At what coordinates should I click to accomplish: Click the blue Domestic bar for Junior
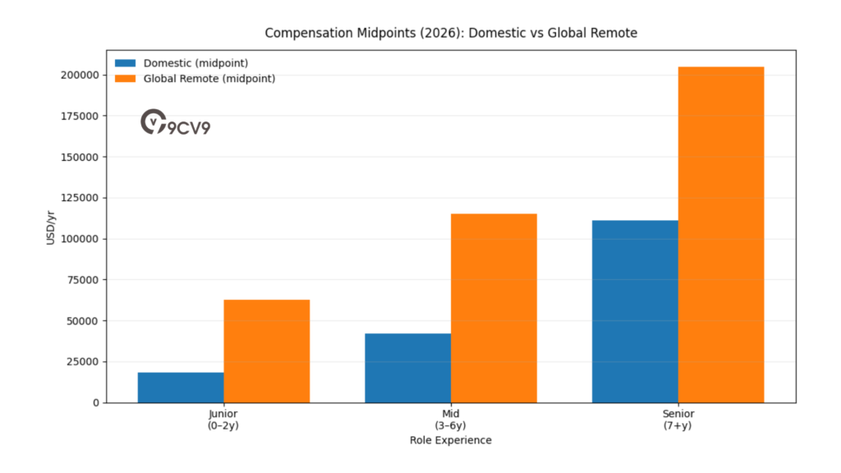coord(181,388)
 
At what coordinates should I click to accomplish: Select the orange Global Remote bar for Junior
coord(267,351)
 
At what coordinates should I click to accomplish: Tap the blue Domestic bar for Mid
coord(408,368)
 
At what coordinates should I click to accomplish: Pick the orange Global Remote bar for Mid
coord(494,308)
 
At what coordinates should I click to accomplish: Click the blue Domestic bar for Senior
coord(635,311)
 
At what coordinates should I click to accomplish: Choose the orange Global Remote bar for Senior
coord(721,235)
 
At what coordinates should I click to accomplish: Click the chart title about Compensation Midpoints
coord(451,33)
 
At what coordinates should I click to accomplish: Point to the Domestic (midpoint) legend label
coord(195,63)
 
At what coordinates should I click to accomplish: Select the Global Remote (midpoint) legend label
coord(209,79)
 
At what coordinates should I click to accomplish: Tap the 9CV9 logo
coord(175,123)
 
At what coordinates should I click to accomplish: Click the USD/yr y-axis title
coord(51,227)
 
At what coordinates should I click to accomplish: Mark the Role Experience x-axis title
coord(451,440)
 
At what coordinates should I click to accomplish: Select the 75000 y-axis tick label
coord(85,280)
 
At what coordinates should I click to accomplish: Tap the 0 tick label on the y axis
coord(96,402)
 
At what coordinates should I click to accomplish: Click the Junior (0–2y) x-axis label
coord(223,420)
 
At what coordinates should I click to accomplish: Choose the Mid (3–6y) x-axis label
coord(451,420)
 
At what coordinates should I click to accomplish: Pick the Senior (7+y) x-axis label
coord(678,420)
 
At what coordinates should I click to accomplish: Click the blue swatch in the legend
coord(126,63)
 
